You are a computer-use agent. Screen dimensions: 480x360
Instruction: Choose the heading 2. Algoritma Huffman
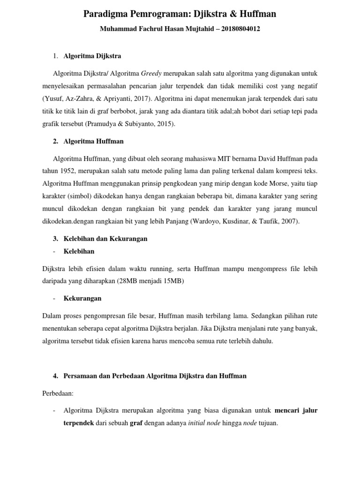[x=88, y=141]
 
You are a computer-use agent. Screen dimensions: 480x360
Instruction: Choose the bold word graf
[x=136, y=423]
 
